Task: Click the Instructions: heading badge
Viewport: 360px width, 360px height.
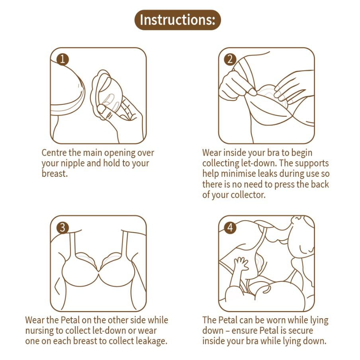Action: (178, 20)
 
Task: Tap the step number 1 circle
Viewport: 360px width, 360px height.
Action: (63, 59)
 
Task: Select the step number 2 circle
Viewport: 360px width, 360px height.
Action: (230, 59)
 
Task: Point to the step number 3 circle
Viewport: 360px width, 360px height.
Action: (63, 228)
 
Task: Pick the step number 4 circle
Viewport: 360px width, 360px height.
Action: (230, 228)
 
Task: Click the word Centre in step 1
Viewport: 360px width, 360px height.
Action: (54, 153)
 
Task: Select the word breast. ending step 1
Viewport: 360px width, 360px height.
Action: (55, 174)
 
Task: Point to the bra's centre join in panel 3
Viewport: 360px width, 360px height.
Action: (99, 271)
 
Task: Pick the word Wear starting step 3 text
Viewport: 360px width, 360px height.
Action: (35, 320)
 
